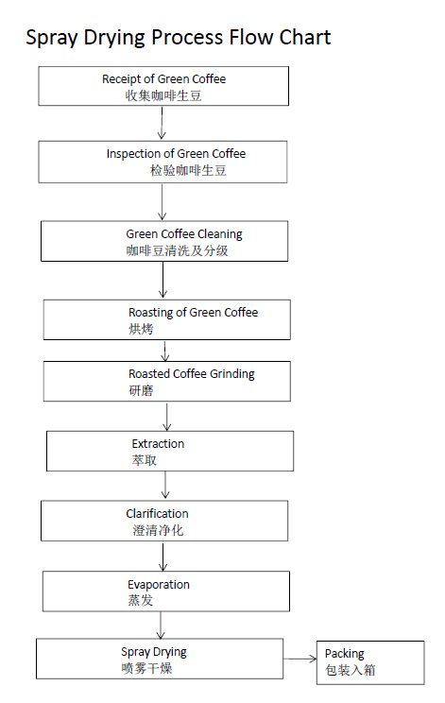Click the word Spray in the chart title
coord(52,38)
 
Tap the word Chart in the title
coord(305,37)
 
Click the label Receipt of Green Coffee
coord(164,79)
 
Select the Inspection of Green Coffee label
coord(176,154)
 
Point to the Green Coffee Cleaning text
coord(184,234)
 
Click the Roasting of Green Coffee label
coord(193,313)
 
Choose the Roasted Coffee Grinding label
coord(192,374)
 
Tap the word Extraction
coord(158,444)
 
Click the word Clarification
coord(157,514)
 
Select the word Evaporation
coord(159,585)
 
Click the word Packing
coord(345,654)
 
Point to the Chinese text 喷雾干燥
coord(146,668)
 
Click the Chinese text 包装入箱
coord(350,670)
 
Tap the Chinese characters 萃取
coord(145,460)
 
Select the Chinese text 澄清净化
coord(158,531)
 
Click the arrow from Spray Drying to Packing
coord(300,659)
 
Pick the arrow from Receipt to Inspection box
coord(162,123)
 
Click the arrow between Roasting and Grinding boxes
coord(165,351)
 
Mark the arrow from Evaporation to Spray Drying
coord(161,626)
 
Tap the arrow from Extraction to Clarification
coord(165,485)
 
